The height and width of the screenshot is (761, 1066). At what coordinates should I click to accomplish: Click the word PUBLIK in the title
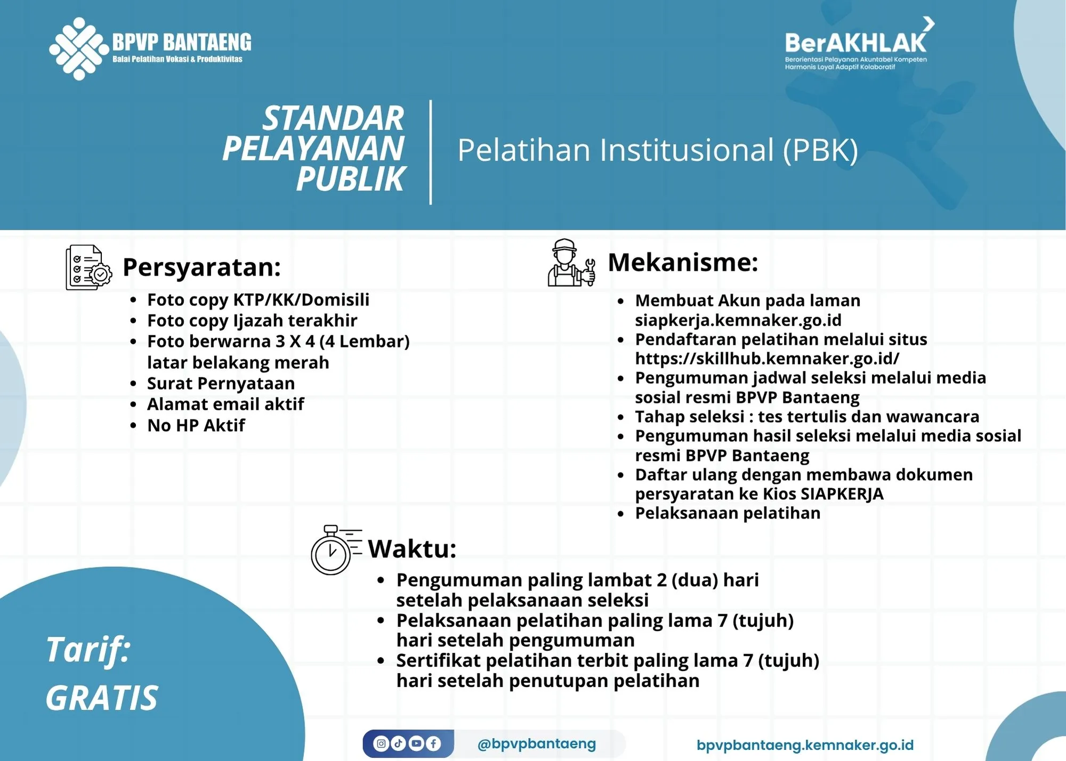pos(351,179)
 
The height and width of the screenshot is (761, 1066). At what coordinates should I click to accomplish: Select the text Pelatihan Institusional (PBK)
pos(657,150)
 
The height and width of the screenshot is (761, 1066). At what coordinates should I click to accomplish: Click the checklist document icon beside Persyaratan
pos(88,268)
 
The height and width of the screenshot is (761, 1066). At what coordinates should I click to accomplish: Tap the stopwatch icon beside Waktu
pos(333,550)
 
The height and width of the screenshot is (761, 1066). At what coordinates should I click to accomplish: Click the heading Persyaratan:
pos(201,268)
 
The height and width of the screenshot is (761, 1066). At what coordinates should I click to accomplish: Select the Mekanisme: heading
pos(683,263)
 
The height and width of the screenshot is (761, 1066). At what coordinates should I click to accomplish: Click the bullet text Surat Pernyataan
pos(221,384)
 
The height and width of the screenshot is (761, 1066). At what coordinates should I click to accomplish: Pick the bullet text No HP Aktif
pos(196,426)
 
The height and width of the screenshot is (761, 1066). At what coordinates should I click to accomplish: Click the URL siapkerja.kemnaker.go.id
pos(738,320)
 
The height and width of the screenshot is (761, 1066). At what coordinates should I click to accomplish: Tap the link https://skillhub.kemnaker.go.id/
pos(767,359)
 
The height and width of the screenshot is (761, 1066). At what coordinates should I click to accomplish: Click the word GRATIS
pos(102,698)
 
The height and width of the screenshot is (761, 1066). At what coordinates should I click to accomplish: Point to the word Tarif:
pos(88,650)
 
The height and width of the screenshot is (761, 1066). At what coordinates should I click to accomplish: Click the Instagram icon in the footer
pos(381,743)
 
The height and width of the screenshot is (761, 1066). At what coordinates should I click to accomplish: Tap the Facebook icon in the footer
pos(433,743)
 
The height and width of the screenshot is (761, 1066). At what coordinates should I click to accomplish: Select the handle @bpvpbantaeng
pos(537,743)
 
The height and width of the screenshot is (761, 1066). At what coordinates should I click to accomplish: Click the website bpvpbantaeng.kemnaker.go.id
pos(805,745)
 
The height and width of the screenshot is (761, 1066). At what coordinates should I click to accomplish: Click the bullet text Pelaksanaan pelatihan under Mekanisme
pos(728,513)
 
